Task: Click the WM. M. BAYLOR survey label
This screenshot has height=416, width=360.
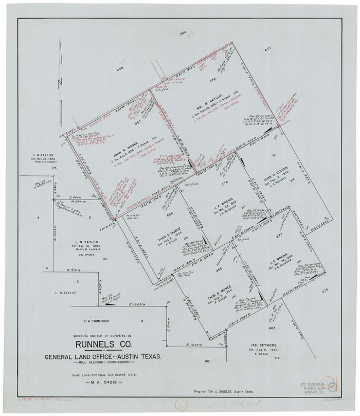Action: click(208, 97)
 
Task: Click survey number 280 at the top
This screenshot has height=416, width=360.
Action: click(182, 33)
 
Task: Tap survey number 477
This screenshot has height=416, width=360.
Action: click(267, 49)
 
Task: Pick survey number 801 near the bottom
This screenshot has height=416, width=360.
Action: click(208, 361)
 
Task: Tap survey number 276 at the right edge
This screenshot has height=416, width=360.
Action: click(325, 291)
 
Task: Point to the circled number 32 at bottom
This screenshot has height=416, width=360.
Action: click(183, 404)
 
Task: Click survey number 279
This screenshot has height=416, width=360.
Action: click(211, 81)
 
